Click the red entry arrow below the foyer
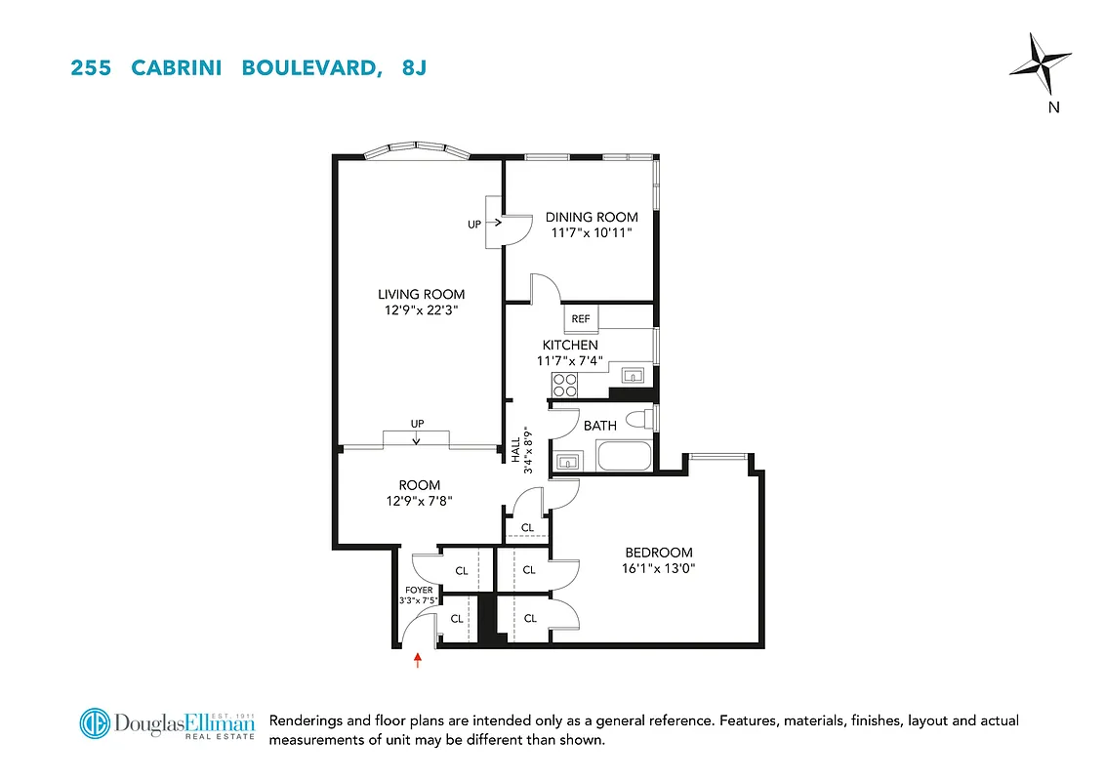[418, 660]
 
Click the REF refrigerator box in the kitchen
[581, 319]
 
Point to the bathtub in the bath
[623, 456]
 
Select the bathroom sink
[568, 460]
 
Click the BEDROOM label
[659, 553]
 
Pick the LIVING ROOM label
[422, 294]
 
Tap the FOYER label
[418, 590]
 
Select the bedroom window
[718, 455]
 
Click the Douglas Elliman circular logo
[95, 723]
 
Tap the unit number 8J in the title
[414, 68]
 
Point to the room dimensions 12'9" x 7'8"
[419, 500]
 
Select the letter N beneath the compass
[1053, 107]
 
